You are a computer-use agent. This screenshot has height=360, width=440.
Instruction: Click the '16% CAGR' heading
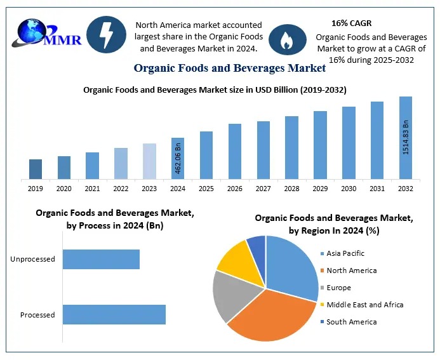(x=352, y=23)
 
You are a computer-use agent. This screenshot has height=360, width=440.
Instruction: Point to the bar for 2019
(x=36, y=169)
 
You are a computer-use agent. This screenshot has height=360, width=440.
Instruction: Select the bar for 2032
(x=405, y=138)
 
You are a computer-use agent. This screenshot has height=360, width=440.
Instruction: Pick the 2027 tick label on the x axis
(x=263, y=189)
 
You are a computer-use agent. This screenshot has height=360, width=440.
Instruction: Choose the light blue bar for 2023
(x=149, y=161)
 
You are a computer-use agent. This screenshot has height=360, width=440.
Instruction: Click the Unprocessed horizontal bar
(x=101, y=259)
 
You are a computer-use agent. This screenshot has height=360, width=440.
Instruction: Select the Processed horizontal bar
(x=114, y=315)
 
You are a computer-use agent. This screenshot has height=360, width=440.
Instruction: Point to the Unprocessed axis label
(x=33, y=259)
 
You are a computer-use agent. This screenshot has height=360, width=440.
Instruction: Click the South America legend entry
(x=351, y=322)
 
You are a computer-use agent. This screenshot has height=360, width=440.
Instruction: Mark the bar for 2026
(x=235, y=151)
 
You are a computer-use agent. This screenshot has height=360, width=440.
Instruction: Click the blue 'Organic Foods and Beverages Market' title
(x=230, y=68)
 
